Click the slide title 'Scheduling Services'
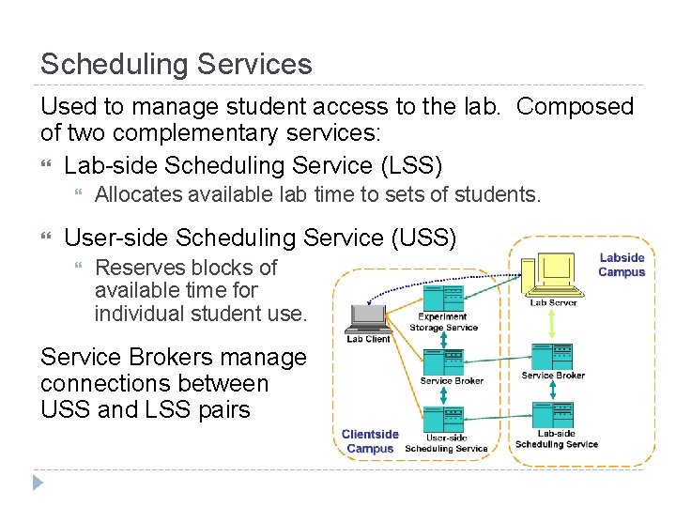tap(176, 64)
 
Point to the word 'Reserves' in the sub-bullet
tap(133, 268)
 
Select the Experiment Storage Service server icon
tap(443, 298)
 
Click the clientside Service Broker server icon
tap(443, 361)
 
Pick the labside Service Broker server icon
tap(553, 357)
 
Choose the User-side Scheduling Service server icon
tap(443, 418)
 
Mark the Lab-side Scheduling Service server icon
tap(555, 416)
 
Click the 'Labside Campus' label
tap(622, 265)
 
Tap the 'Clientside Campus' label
tap(370, 441)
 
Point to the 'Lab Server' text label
tap(553, 302)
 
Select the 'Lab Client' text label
tap(368, 339)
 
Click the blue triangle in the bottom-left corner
tap(38, 484)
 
